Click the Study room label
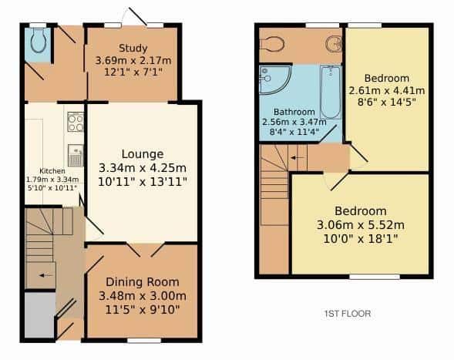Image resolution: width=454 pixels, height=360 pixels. point(133,48)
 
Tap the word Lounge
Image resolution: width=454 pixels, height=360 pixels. point(143,154)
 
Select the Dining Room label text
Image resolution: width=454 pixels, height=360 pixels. point(143,282)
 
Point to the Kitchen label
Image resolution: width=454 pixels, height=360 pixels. point(52,171)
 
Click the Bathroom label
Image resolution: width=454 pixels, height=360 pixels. point(294,112)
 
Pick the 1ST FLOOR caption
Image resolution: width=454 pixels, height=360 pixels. point(348,314)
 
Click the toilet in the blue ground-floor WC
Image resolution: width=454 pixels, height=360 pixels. point(39,40)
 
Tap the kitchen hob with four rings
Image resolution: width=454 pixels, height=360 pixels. point(76,122)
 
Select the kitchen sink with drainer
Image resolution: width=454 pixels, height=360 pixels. point(76,156)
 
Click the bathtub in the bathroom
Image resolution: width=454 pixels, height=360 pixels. point(331,92)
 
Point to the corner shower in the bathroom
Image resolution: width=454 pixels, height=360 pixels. point(274,79)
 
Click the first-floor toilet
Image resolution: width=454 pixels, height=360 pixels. point(272,44)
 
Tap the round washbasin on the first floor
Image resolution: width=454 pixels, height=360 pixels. point(334,45)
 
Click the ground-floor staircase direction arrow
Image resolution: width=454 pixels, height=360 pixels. point(46,275)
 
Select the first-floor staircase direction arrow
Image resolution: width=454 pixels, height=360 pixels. point(298,158)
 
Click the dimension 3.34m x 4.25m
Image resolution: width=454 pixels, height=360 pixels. point(143,168)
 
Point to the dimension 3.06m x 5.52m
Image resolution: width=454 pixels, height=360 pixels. point(361,225)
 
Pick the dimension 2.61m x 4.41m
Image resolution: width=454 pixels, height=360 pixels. point(387,91)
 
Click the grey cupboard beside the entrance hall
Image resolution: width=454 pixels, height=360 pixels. point(39,315)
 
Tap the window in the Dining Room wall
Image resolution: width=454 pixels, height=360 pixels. point(144,341)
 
